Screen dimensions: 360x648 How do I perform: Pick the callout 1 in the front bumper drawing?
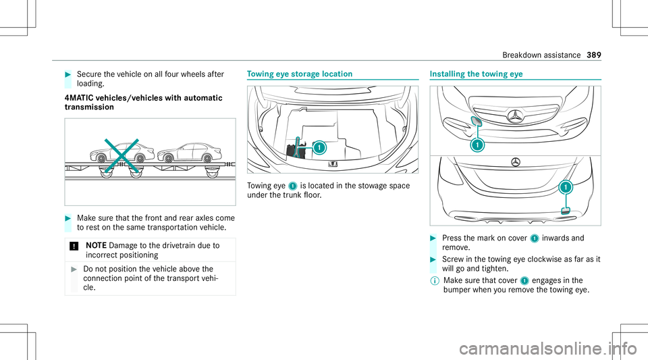[x=477, y=145]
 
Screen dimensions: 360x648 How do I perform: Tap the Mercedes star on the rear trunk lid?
[x=515, y=162]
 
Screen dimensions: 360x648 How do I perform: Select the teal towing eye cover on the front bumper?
[x=457, y=122]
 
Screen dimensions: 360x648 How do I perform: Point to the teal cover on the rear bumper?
[x=564, y=209]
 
